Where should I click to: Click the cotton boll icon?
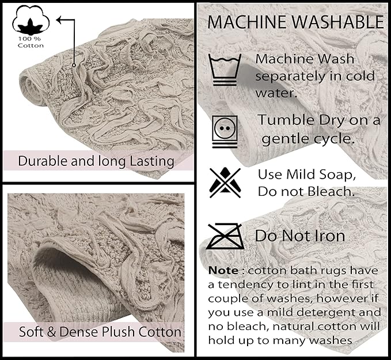[31, 20]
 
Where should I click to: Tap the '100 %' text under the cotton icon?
[29, 39]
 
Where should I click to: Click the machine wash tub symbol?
[225, 70]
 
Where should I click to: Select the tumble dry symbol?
[225, 131]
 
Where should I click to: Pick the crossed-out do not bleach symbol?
[225, 183]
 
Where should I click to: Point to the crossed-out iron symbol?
[225, 236]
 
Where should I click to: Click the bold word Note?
[223, 271]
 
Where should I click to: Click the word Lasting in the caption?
[152, 161]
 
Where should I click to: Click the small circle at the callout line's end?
[74, 65]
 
